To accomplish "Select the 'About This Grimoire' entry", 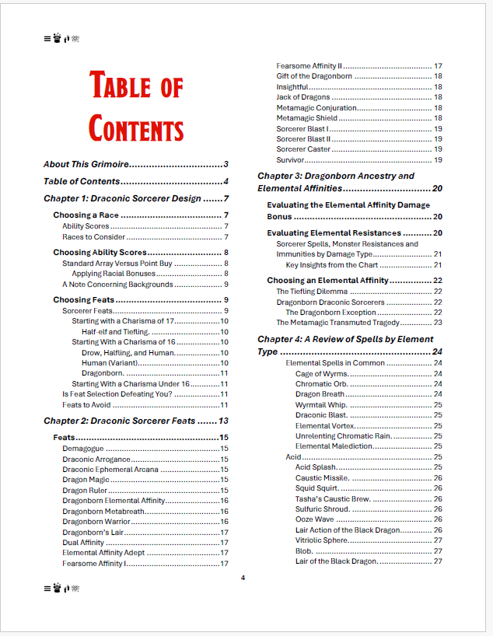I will click(86, 164).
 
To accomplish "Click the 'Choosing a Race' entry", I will click(85, 215).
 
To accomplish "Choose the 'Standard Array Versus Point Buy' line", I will click(117, 264).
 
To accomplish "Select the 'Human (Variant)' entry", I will click(108, 362).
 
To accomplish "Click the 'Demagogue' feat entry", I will click(82, 449).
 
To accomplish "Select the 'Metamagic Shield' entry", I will click(306, 118).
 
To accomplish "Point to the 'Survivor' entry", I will click(292, 159).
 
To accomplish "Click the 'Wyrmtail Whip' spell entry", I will click(320, 405).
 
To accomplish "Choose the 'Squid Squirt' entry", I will click(316, 488).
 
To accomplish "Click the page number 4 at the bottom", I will click(243, 578).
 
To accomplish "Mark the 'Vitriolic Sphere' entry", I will click(321, 540).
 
